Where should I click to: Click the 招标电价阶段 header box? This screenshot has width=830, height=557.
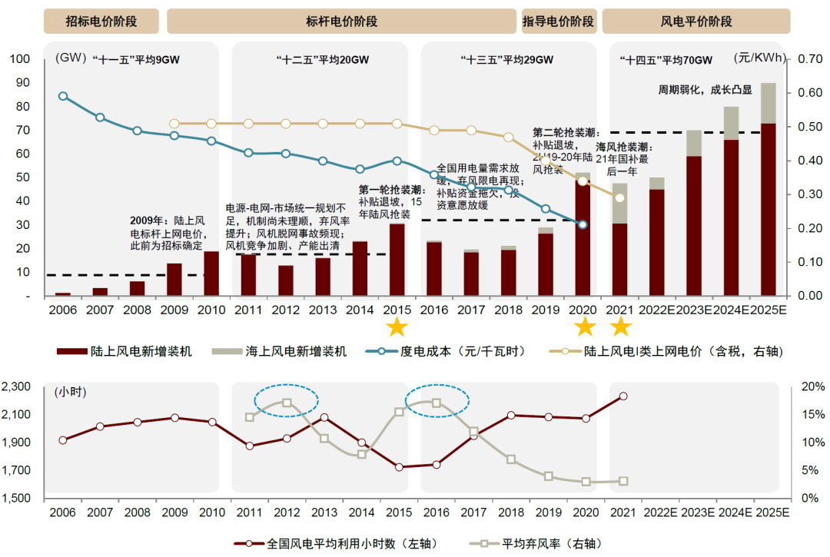click(x=101, y=22)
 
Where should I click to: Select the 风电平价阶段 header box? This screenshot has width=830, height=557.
click(x=696, y=22)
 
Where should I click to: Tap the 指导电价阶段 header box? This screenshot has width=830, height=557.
click(x=559, y=22)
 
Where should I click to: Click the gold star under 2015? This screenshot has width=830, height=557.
click(x=397, y=327)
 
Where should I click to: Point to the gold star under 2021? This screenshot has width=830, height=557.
click(x=621, y=327)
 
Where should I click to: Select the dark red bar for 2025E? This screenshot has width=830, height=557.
click(x=769, y=209)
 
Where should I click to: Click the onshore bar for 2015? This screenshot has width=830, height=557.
click(x=397, y=260)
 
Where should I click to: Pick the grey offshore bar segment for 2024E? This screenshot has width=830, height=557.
click(x=731, y=123)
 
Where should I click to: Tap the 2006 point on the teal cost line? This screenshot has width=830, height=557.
click(x=63, y=96)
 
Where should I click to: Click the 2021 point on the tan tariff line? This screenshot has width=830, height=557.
click(x=620, y=198)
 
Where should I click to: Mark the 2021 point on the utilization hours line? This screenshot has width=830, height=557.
click(x=622, y=396)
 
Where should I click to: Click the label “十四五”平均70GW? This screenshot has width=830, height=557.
click(x=666, y=59)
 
